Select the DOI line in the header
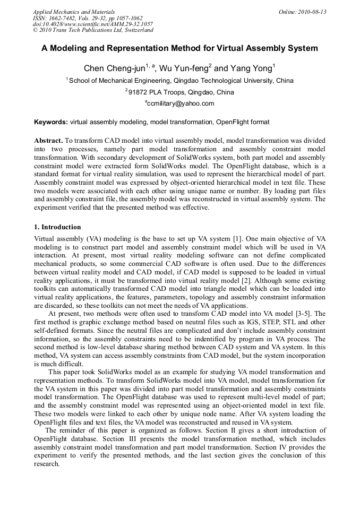93,24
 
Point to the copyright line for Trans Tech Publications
93,30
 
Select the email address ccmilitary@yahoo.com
180,103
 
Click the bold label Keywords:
51,122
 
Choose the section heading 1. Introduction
57,227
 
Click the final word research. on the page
46,464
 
